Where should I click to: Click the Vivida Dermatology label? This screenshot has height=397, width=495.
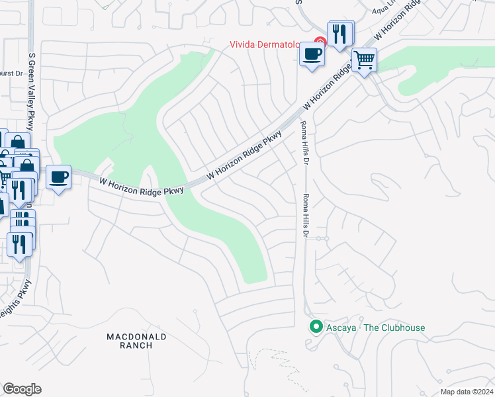[270, 45]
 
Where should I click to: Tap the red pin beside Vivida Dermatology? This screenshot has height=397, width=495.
[319, 42]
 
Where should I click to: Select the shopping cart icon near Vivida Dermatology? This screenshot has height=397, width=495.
[364, 61]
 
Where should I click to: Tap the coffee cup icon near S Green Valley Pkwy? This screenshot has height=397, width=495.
[58, 177]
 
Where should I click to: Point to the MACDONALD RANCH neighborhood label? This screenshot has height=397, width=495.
[137, 341]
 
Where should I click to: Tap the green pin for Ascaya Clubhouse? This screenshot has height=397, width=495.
[316, 327]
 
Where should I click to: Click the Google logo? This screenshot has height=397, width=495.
[22, 388]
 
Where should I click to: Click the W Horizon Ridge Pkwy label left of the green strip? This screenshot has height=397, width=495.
[141, 186]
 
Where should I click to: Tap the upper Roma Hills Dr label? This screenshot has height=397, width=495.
[305, 142]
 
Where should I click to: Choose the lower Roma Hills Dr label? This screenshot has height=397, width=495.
[305, 216]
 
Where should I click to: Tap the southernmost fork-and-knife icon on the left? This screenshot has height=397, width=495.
[20, 243]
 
